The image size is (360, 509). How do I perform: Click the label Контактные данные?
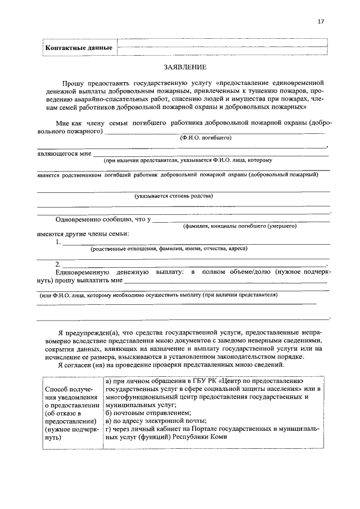(x=78, y=48)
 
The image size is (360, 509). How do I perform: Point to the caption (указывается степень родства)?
(x=173, y=196)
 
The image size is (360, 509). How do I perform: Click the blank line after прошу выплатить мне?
(x=225, y=280)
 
